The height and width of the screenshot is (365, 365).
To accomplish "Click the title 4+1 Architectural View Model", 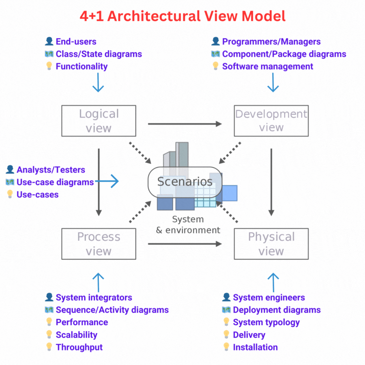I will pos(182,16).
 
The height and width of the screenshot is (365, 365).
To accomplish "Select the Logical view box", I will pos(99,121).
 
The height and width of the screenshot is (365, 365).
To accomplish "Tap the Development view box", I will pos(271,121).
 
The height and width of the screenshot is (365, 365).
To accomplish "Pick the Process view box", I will pos(99,244).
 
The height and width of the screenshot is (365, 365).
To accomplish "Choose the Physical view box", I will pos(271,244).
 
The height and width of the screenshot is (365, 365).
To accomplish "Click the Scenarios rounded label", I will pos(185,181).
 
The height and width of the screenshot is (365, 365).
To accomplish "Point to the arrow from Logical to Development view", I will pos(185,123).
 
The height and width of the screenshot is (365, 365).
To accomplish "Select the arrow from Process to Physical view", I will pos(185,244).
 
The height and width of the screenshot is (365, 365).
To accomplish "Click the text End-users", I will pos(76,41).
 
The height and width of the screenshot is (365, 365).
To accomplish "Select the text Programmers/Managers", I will pos(271,41).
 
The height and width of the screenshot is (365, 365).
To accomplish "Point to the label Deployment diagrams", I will pos(277,310).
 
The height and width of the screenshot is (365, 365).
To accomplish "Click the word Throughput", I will pos(79,347).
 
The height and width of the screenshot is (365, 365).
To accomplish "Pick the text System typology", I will pos(266,322).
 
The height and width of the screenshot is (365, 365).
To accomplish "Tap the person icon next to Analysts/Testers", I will pos(10,170).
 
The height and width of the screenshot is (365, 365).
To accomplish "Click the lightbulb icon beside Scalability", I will pos(49,335).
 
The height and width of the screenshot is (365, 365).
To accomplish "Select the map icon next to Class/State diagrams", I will pos(49,54).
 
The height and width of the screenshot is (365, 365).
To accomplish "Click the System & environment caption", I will pos(188,225).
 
